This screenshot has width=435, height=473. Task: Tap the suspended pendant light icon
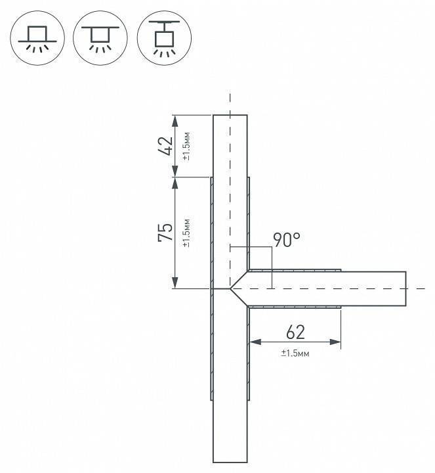[164, 38]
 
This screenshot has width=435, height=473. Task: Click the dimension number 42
[166, 146]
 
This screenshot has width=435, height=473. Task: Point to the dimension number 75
[166, 233]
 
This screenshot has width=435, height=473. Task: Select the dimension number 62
[295, 332]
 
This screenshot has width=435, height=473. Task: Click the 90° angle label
[287, 240]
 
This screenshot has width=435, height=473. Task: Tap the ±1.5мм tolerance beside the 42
[186, 146]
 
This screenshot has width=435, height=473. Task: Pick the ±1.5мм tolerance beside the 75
[186, 233]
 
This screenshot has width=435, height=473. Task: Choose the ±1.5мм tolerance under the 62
[295, 353]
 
